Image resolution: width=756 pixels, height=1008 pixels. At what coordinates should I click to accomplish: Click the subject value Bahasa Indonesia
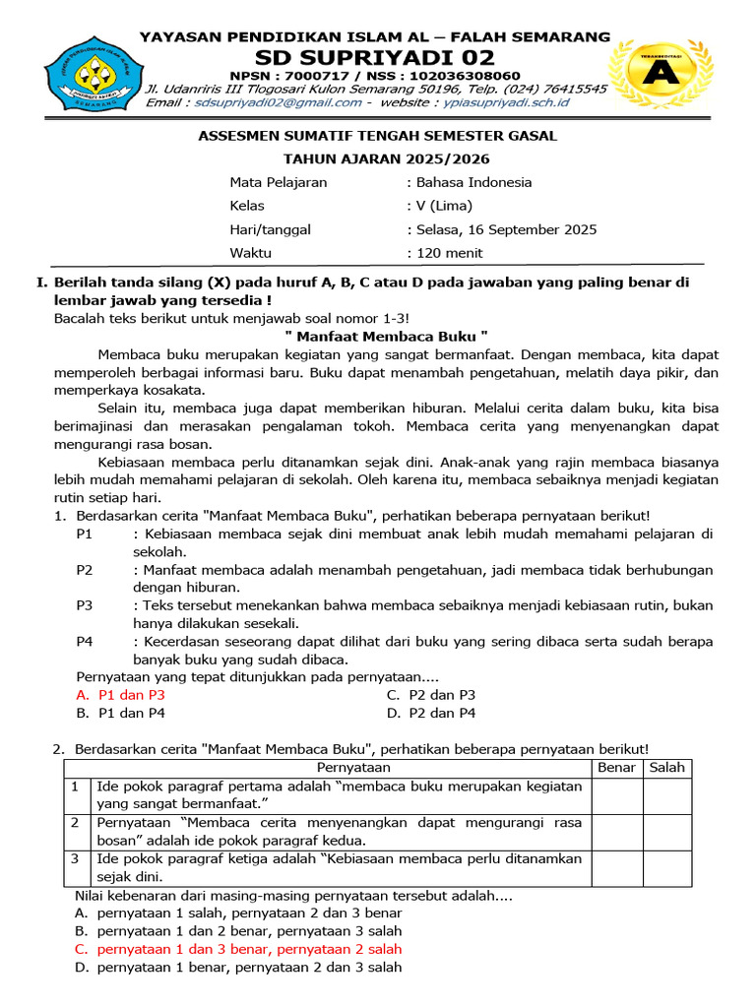tap(473, 182)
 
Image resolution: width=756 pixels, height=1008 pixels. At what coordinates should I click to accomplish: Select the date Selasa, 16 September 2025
tap(505, 229)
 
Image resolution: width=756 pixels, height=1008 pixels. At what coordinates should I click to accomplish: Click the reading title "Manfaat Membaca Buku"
tap(379, 335)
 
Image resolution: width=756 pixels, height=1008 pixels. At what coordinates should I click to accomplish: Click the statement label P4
tap(85, 641)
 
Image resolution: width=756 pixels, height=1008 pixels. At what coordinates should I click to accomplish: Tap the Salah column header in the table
tap(667, 768)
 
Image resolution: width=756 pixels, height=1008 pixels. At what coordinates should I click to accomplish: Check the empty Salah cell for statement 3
tap(667, 868)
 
